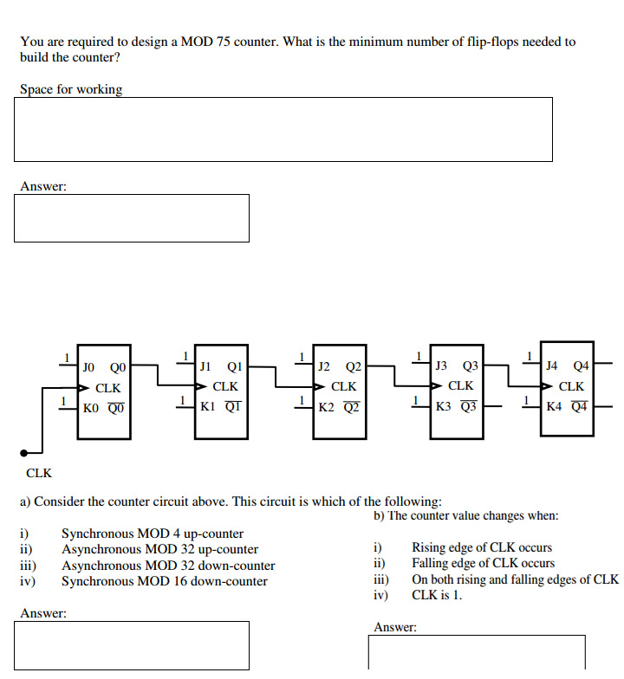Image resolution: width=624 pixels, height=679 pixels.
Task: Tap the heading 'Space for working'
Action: [71, 89]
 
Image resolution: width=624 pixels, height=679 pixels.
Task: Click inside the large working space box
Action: [283, 129]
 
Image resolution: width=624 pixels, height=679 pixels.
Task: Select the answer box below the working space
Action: [132, 217]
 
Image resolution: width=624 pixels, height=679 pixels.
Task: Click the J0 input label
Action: [89, 367]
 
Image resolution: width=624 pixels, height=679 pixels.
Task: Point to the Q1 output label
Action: [232, 368]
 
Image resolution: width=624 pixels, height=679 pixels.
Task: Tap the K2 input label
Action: [326, 405]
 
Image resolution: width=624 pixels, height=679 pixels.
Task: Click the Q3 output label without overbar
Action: [470, 367]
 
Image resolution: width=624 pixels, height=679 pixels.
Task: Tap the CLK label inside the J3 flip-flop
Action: [460, 386]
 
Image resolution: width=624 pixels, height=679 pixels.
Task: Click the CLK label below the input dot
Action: [39, 473]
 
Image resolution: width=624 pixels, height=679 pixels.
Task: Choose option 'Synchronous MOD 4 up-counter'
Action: [153, 533]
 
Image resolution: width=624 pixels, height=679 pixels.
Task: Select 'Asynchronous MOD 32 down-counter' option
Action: [168, 566]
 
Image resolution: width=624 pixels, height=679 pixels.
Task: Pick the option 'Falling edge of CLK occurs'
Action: [483, 563]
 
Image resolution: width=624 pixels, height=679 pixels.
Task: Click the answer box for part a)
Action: [132, 644]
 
